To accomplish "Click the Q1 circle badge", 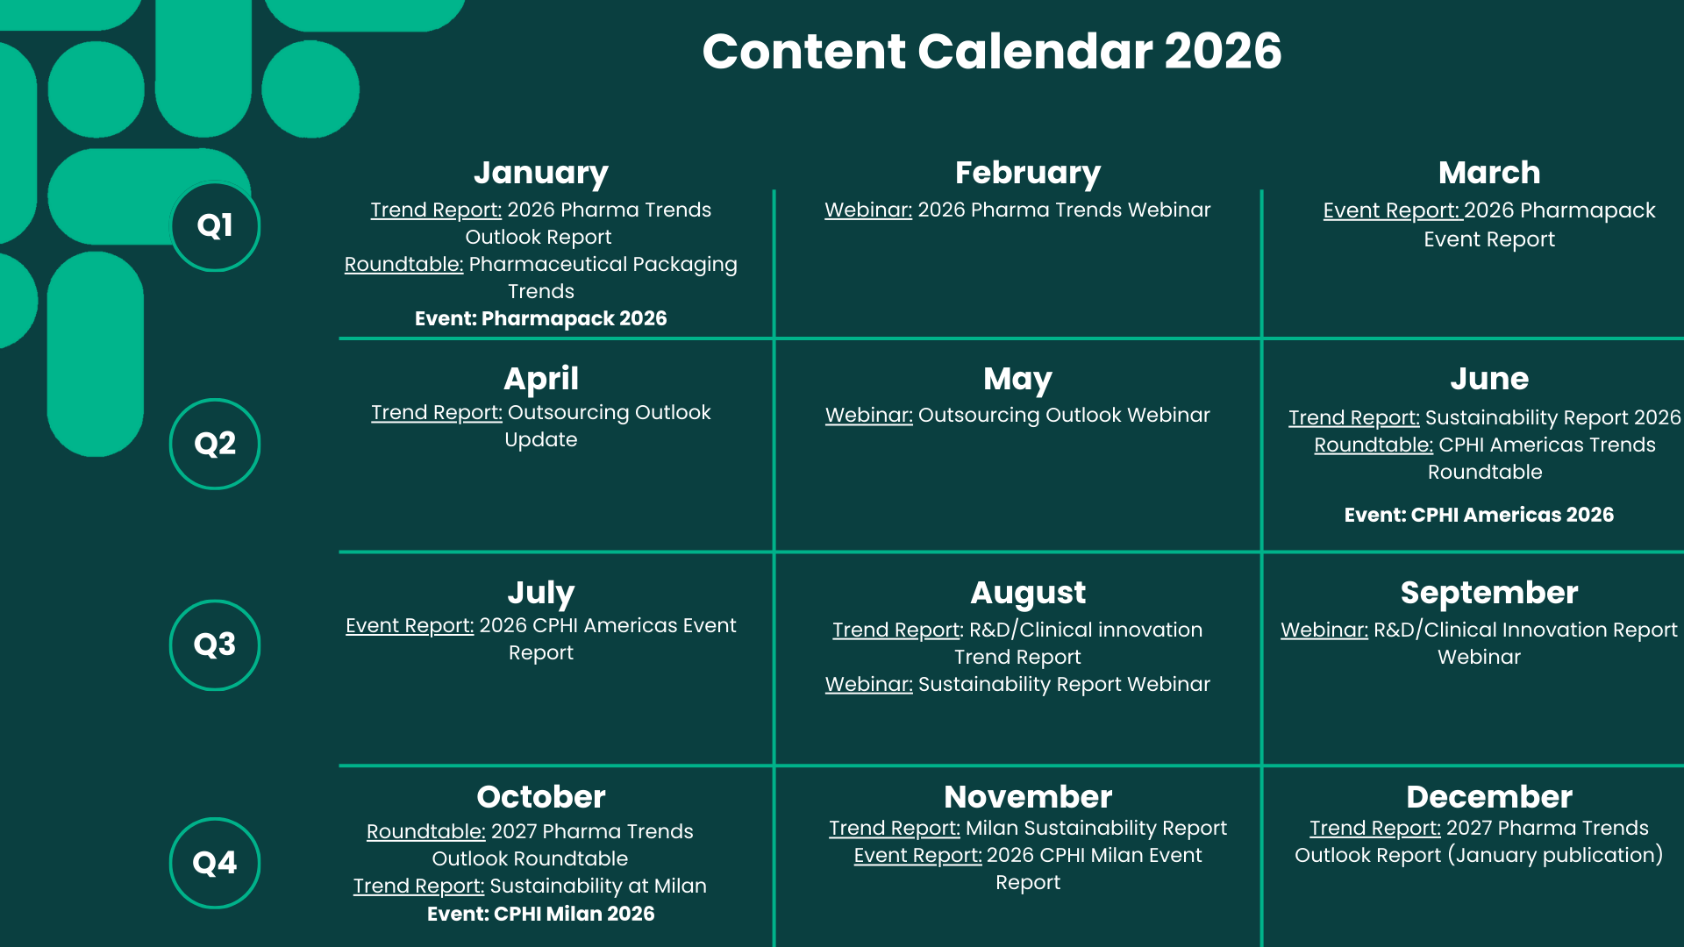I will [215, 226].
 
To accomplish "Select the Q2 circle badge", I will [215, 444].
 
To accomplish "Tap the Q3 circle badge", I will [215, 644].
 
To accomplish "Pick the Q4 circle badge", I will [215, 863].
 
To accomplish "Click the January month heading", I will [540, 173].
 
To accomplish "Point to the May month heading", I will [1017, 379].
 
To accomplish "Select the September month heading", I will [1488, 593].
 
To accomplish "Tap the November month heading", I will [1028, 797].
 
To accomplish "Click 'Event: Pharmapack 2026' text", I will [540, 318].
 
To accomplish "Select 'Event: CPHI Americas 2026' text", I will [1479, 515].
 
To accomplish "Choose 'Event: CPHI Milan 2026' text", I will [540, 914].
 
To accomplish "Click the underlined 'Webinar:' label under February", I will [868, 210].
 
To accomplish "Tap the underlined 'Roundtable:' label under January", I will [403, 265].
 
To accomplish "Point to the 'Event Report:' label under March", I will [1392, 211].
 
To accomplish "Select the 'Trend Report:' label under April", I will [437, 413].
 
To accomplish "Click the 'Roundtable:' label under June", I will [1374, 445].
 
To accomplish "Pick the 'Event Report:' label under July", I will [410, 626].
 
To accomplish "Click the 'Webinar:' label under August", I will [869, 685].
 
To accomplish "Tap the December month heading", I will [1488, 797].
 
